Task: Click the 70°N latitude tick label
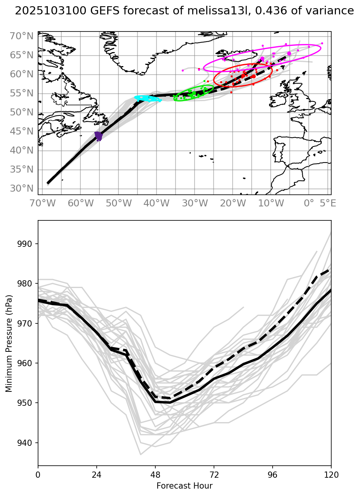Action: pos(22,37)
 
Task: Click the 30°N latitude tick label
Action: pos(22,189)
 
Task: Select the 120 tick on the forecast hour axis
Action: pos(331,475)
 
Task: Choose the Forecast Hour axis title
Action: pos(184,486)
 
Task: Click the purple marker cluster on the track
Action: pos(98,136)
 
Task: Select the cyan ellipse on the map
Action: pos(148,98)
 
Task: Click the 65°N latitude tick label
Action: pos(22,56)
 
